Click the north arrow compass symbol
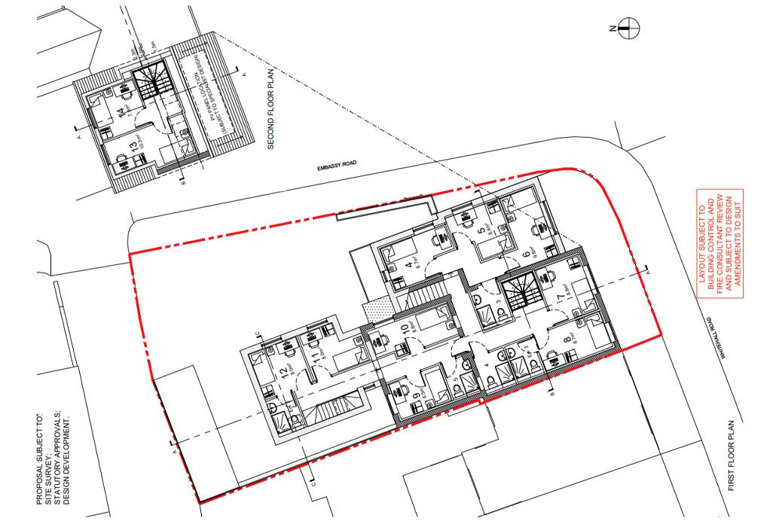pyautogui.click(x=629, y=29)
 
